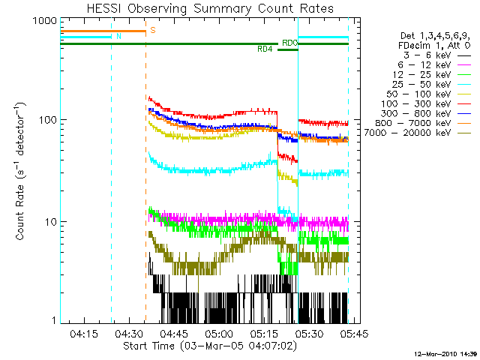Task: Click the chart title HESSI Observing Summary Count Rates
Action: (210, 8)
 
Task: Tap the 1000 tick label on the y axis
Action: (45, 21)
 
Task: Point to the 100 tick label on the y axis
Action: (48, 120)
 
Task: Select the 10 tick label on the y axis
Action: (51, 222)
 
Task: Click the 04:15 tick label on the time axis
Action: (84, 333)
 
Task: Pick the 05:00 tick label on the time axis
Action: (219, 333)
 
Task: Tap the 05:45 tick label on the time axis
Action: (355, 333)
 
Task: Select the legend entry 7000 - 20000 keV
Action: (407, 133)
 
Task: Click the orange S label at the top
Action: (153, 30)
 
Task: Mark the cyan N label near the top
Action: (118, 36)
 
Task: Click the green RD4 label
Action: (265, 49)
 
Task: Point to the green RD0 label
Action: (289, 43)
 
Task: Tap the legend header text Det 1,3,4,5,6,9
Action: (435, 36)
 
